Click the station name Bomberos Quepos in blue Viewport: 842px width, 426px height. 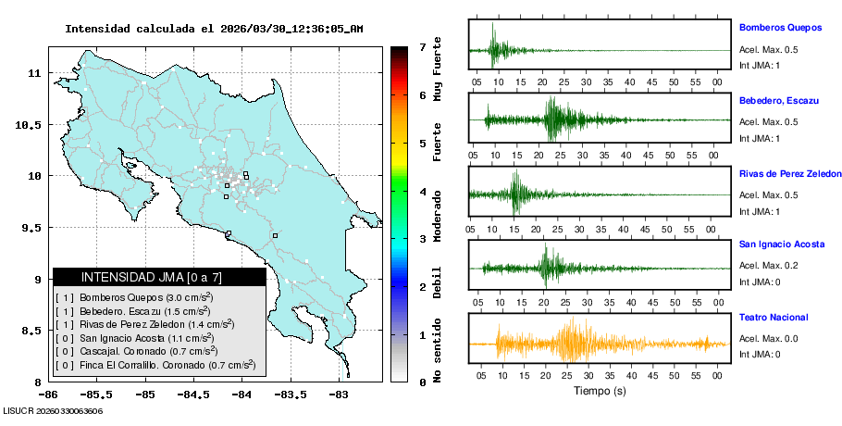click(x=779, y=28)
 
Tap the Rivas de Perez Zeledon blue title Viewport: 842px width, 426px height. click(x=789, y=173)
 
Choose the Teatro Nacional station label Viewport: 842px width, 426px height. click(x=773, y=317)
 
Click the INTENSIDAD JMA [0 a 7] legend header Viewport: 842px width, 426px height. click(x=159, y=277)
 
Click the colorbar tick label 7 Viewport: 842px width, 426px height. click(x=422, y=46)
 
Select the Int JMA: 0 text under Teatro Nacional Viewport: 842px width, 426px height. click(x=759, y=354)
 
